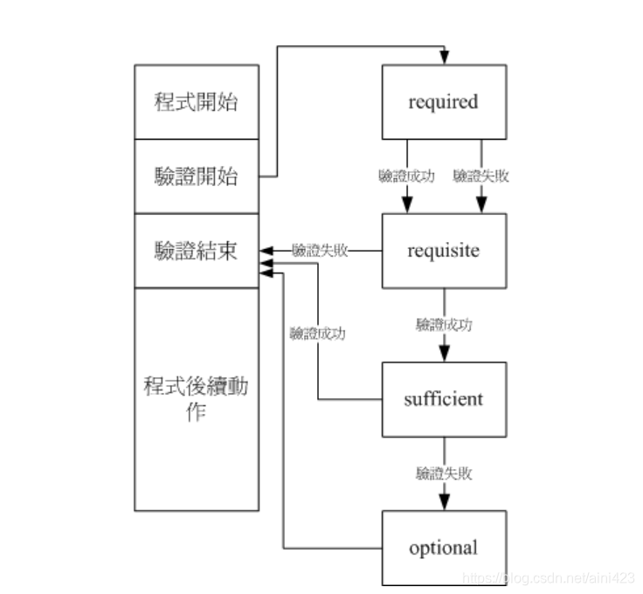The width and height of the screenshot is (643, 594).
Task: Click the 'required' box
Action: [444, 101]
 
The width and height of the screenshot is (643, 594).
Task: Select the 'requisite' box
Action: [444, 251]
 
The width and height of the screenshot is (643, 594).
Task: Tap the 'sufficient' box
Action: [444, 399]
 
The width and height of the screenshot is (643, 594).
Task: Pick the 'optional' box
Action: [444, 548]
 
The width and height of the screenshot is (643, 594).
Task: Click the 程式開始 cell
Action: [197, 101]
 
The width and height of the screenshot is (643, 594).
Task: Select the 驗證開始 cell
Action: [197, 176]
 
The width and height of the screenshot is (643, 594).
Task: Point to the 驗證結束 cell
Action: [197, 251]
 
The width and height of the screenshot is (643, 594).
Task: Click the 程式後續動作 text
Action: [197, 398]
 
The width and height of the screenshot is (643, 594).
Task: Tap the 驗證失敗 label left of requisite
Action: [321, 251]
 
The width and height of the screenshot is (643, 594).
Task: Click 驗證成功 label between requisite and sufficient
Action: [444, 325]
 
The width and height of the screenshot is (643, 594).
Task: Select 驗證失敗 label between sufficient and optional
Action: [444, 473]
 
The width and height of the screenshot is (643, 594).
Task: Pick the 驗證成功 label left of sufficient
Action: [317, 333]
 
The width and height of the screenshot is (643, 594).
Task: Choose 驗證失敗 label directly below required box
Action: [481, 176]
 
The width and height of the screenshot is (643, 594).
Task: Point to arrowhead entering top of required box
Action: [444, 58]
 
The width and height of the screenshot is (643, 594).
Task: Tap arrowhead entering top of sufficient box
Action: [444, 355]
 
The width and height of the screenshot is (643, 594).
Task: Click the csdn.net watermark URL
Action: [549, 577]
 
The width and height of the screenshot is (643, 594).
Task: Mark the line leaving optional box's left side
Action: [332, 549]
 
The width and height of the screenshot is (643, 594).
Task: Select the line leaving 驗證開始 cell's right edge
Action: [268, 176]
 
